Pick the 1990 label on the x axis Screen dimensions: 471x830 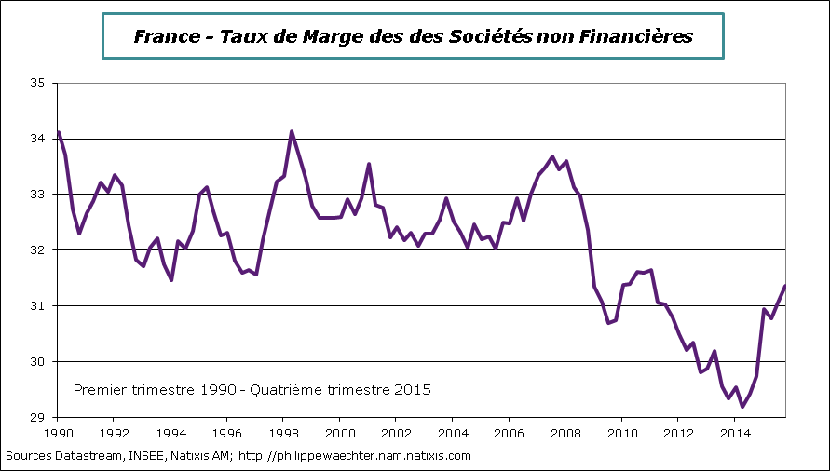pyautogui.click(x=58, y=433)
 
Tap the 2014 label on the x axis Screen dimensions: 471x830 pyautogui.click(x=735, y=433)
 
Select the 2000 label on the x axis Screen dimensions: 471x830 pyautogui.click(x=340, y=433)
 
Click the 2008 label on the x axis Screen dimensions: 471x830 pyautogui.click(x=565, y=433)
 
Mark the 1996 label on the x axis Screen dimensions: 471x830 pyautogui.click(x=227, y=433)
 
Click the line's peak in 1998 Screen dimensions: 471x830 pyautogui.click(x=292, y=131)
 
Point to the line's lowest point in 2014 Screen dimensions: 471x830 pyautogui.click(x=742, y=407)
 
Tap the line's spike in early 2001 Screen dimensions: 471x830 pyautogui.click(x=369, y=164)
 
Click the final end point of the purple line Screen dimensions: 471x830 pyautogui.click(x=785, y=286)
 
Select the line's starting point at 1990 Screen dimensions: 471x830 pyautogui.click(x=58, y=131)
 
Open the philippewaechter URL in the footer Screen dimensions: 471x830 pyautogui.click(x=358, y=456)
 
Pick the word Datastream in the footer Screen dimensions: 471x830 pyautogui.click(x=87, y=456)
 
